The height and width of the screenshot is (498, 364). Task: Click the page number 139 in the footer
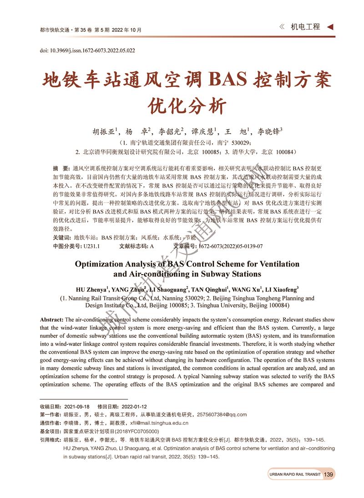coord(328,475)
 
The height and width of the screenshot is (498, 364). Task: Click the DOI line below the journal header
coord(87,50)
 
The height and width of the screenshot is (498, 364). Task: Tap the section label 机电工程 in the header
coord(305,27)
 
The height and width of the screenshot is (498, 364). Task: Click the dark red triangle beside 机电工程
coord(330,27)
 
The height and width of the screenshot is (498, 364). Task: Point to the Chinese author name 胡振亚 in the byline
coord(104,132)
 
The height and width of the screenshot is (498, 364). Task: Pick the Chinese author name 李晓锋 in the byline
coord(268,132)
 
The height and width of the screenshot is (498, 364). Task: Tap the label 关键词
coord(61,237)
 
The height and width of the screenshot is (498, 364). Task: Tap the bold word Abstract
coord(52,320)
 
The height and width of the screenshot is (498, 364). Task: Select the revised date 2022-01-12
coord(134,406)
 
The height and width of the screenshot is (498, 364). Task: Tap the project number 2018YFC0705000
coord(136,431)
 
